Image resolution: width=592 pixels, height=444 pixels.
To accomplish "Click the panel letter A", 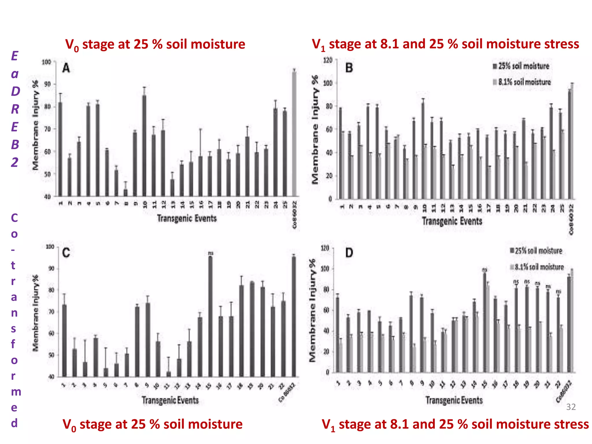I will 66,69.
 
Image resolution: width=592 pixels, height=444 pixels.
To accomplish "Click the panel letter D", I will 349,253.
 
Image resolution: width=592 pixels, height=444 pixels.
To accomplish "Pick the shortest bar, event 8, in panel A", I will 126,193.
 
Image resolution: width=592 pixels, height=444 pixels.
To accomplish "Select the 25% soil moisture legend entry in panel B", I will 521,66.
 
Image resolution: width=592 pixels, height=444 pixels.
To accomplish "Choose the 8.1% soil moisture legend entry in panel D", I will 537,267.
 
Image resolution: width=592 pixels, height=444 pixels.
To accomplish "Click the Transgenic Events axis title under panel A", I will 187,218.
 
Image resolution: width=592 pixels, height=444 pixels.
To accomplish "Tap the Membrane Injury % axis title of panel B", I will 315,129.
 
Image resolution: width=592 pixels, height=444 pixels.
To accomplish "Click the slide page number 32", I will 571,407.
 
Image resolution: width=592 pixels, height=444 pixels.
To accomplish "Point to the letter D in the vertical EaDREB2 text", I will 15,91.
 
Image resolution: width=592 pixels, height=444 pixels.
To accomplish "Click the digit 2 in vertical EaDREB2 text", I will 14,162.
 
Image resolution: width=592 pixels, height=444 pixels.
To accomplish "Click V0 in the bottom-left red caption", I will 70,425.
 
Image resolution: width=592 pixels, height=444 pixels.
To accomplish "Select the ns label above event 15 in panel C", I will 211,253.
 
